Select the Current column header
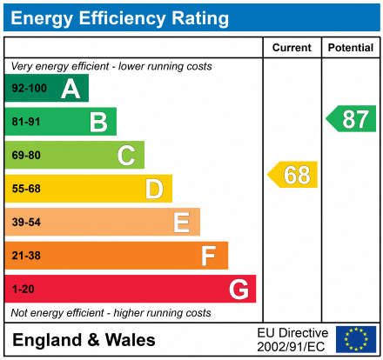point(292,48)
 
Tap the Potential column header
point(351,48)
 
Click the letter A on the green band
point(70,89)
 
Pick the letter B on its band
point(98,123)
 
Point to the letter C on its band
point(126,156)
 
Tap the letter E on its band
point(181,223)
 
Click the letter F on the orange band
point(209,256)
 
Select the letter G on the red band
point(238,289)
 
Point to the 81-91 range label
point(26,123)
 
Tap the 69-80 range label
point(26,156)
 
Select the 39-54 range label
point(26,223)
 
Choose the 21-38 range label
point(26,256)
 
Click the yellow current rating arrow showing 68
point(293,175)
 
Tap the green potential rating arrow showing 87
point(352,119)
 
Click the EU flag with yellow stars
point(355,339)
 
